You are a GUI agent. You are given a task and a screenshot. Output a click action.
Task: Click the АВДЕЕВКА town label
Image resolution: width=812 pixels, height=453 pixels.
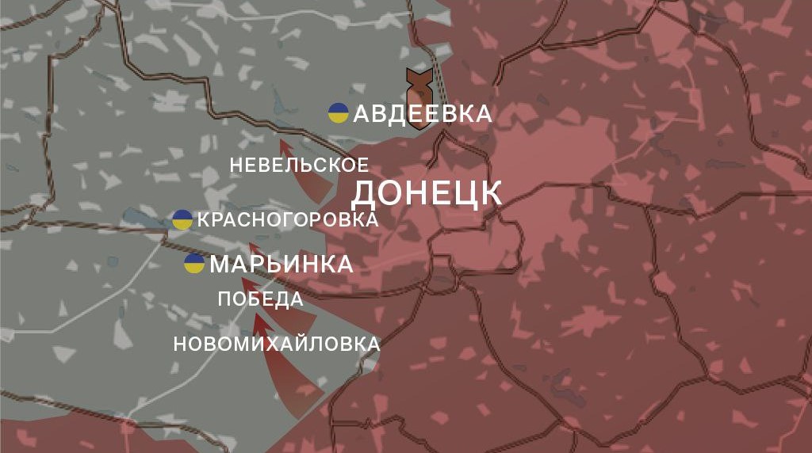(422, 114)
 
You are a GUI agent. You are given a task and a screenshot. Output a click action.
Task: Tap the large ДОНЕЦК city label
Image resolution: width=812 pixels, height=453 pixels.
(427, 193)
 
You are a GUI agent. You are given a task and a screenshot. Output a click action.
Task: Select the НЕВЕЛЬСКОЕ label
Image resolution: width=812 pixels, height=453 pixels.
(299, 166)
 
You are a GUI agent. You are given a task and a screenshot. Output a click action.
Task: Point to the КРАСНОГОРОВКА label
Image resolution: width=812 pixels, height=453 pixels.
(287, 220)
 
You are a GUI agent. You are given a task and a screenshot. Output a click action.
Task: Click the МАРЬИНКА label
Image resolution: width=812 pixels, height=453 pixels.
(282, 265)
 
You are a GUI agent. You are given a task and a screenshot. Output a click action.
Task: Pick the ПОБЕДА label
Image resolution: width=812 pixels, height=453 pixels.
(260, 299)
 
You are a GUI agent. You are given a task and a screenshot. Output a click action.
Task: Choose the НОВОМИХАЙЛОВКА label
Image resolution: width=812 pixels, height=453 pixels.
(276, 345)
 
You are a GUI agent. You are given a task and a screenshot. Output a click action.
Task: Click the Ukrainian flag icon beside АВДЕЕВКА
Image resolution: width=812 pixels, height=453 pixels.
(339, 113)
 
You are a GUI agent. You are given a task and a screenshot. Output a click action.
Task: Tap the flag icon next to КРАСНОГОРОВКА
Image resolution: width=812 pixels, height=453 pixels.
(182, 219)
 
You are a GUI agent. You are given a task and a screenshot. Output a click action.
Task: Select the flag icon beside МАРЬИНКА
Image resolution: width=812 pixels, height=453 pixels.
(194, 264)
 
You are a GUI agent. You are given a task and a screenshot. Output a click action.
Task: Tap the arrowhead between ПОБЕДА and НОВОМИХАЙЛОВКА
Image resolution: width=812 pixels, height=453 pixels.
(259, 322)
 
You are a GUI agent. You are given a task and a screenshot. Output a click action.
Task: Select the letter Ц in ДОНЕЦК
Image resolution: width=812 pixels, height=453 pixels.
(462, 194)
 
